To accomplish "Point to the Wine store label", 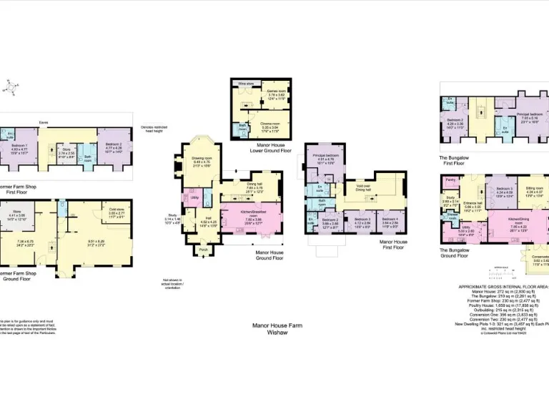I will pyautogui.click(x=247, y=83).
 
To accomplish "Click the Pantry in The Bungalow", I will pyautogui.click(x=448, y=180).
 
